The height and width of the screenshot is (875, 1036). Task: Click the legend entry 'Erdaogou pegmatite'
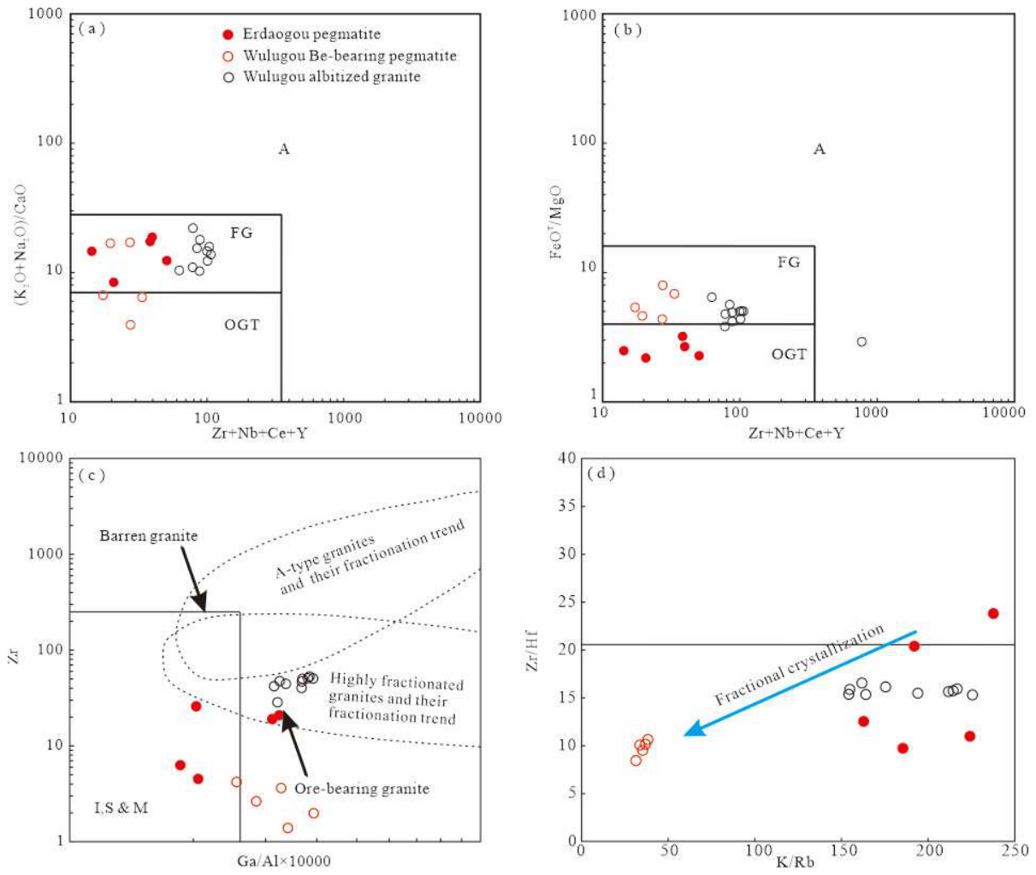[311, 33]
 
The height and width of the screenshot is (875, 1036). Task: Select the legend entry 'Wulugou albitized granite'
[331, 77]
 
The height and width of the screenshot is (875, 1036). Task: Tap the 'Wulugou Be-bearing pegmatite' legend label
[350, 56]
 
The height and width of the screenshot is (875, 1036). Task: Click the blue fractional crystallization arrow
[800, 683]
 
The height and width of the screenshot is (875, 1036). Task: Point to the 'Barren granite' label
[148, 536]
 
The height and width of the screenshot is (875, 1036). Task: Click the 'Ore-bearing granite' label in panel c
[362, 789]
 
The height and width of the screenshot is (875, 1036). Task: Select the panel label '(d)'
[601, 474]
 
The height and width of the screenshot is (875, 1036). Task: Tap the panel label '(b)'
[628, 30]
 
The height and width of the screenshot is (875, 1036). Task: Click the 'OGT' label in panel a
[241, 325]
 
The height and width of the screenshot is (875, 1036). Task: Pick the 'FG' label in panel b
[789, 262]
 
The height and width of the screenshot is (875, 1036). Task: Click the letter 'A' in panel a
[284, 149]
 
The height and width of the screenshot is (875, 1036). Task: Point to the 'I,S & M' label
[121, 808]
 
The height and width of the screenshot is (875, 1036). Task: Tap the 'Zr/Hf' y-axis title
[532, 651]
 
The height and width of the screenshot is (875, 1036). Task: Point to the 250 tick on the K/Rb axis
[1013, 850]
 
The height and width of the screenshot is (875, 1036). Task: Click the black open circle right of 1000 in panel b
[861, 342]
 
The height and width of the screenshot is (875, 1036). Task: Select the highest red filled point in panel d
[993, 613]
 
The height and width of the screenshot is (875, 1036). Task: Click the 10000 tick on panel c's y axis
[41, 458]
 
